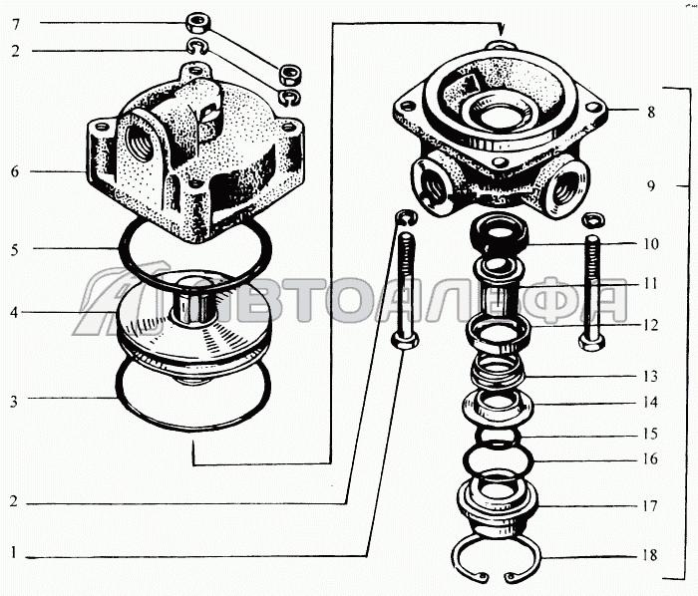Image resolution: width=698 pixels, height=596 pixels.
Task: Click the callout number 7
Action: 16,25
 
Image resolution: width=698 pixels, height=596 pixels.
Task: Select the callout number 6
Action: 16,171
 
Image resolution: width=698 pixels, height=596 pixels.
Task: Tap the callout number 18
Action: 650,555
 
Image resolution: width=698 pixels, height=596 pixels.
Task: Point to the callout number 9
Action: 651,186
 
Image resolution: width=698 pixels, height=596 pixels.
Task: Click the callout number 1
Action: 14,553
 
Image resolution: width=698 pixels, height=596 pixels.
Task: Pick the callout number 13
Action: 650,377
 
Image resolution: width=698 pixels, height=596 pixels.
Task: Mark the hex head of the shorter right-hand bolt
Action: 592,343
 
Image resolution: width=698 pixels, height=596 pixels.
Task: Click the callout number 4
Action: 15,313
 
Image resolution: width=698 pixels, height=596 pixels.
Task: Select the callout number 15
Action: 650,434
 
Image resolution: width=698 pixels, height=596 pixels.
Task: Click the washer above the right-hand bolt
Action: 593,219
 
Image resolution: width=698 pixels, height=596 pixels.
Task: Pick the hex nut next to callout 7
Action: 196,23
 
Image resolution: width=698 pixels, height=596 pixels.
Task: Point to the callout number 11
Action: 650,284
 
